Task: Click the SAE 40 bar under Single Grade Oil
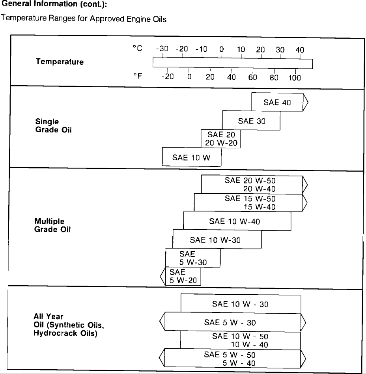(x=277, y=103)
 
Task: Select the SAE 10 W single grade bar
(x=191, y=157)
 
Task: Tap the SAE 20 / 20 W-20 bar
(x=221, y=139)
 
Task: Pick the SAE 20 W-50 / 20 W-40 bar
(x=252, y=185)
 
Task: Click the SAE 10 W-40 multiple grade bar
(x=237, y=221)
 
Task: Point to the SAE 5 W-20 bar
(x=183, y=276)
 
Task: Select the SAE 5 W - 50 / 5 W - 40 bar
(x=233, y=359)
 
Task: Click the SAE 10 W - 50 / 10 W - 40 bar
(x=240, y=340)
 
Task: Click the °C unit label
(x=137, y=48)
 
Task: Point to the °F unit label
(x=137, y=76)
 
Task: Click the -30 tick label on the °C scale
(x=162, y=49)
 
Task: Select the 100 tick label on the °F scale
(x=295, y=78)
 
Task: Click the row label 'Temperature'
(x=60, y=62)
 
